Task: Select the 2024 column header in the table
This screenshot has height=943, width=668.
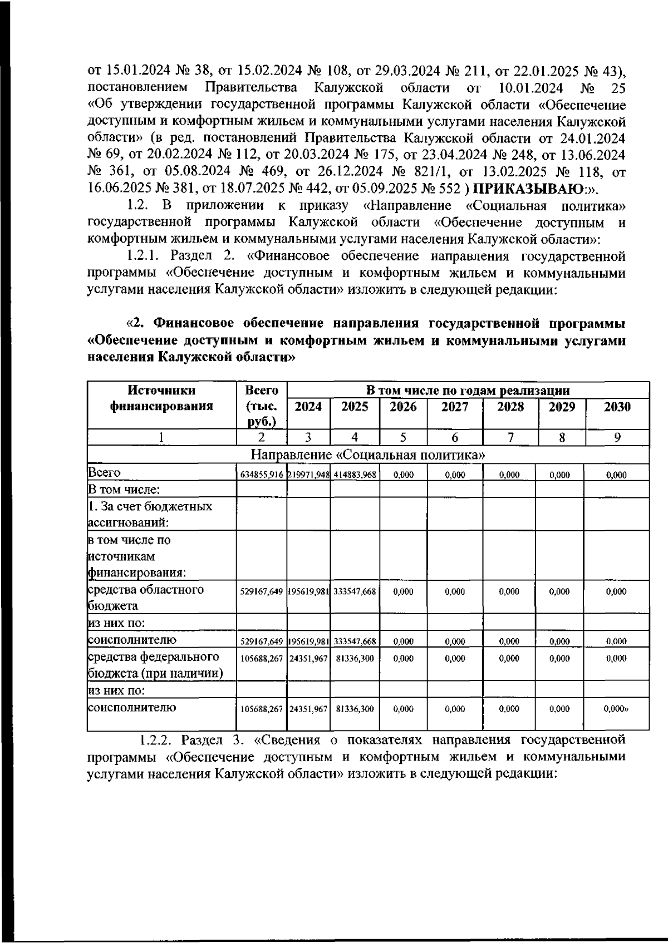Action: tap(308, 407)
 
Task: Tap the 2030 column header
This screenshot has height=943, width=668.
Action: tap(617, 407)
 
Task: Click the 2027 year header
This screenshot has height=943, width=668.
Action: tap(455, 407)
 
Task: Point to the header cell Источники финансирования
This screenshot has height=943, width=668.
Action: tap(161, 398)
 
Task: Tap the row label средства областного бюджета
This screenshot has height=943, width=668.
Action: tap(146, 598)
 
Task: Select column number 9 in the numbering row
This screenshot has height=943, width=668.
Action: tap(617, 438)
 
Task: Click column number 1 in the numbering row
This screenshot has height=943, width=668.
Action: tap(161, 438)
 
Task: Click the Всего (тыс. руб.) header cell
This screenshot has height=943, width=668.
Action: tap(262, 406)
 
